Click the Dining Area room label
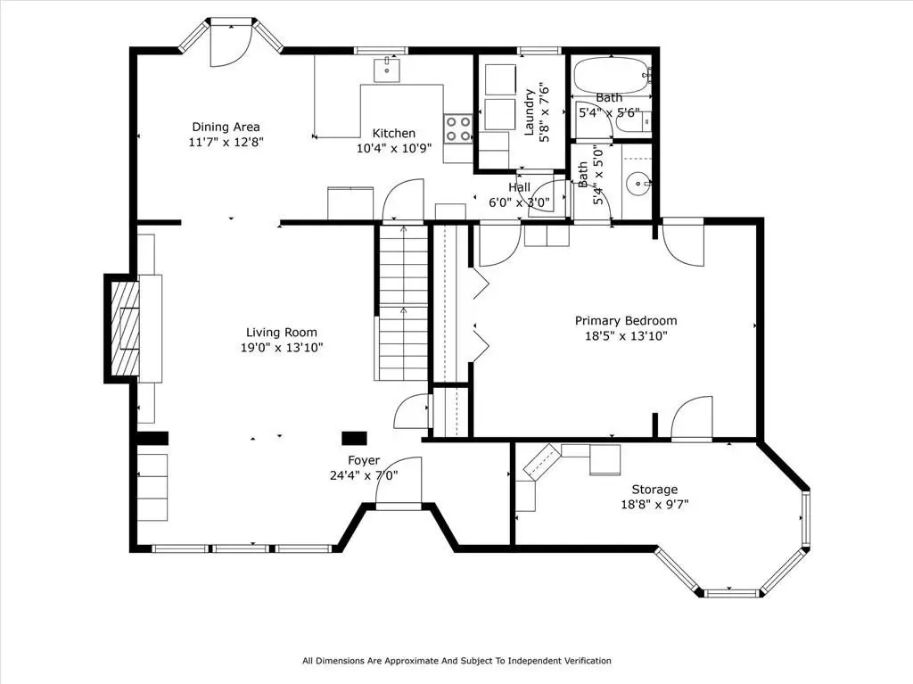[226, 127]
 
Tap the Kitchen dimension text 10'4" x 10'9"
[394, 148]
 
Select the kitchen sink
[387, 70]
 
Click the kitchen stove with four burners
[457, 128]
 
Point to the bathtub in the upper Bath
[612, 75]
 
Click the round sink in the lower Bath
[638, 184]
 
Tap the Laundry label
[530, 111]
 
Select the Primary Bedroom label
[626, 320]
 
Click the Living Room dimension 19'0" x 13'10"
[282, 348]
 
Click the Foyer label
[364, 460]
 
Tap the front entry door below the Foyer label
[399, 482]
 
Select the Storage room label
[654, 490]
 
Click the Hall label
[520, 187]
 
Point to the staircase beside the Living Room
[404, 303]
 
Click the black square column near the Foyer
[354, 438]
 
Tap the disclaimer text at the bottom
[456, 661]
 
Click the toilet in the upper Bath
[634, 122]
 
